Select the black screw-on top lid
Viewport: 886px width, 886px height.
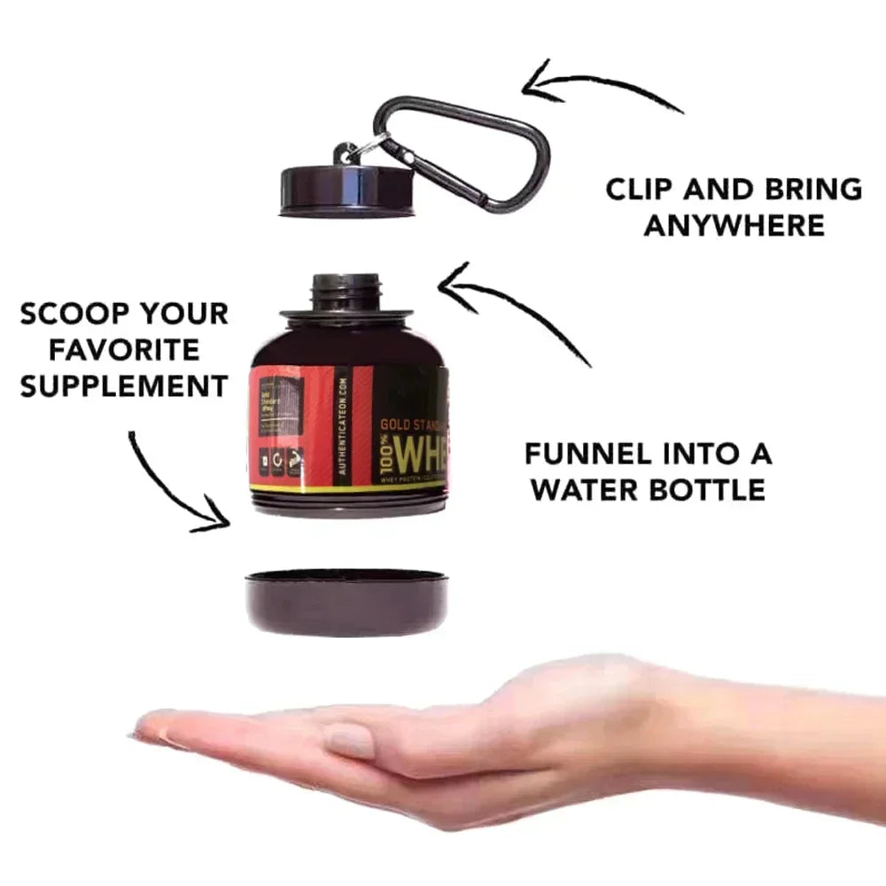tap(346, 190)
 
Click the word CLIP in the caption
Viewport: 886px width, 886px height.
tap(639, 190)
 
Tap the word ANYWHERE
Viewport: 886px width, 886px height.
tap(734, 226)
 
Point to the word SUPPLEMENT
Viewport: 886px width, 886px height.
tap(124, 386)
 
